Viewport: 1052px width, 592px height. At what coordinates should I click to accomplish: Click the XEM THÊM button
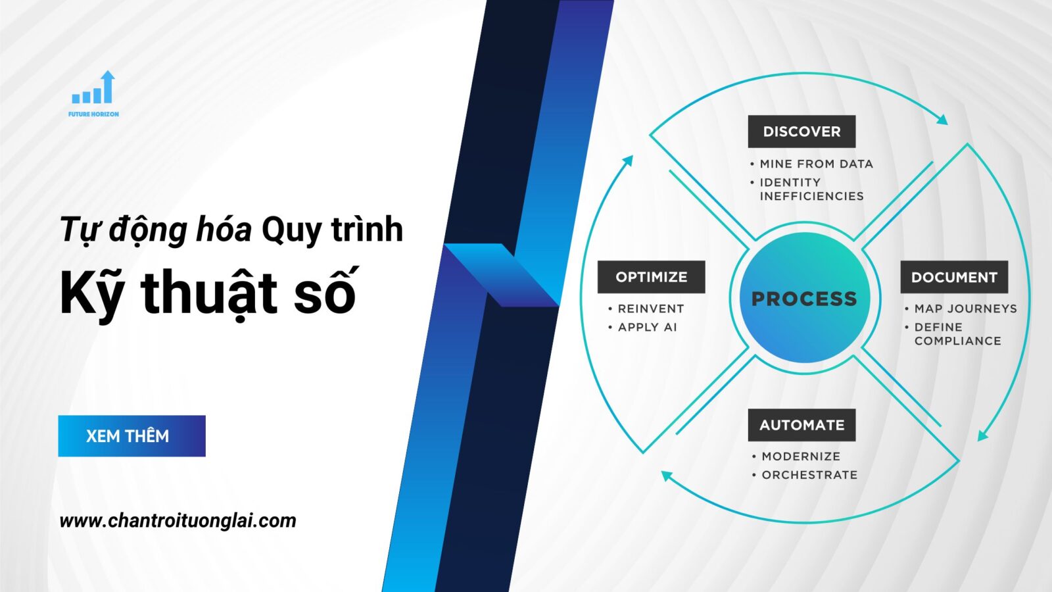131,435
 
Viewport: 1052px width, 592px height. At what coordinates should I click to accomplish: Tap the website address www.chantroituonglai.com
178,521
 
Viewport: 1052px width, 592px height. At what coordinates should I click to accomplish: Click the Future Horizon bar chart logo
94,89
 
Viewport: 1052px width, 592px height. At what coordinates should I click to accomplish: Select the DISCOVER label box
801,132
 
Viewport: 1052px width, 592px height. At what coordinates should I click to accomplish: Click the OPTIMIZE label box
651,277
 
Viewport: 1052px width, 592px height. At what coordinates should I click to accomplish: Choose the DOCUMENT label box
954,277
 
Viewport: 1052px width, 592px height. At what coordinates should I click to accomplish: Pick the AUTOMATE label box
801,425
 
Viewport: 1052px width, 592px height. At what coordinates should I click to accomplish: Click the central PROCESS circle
804,298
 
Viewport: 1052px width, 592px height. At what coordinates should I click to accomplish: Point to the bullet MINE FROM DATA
816,164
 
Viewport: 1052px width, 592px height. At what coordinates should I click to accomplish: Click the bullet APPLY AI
647,327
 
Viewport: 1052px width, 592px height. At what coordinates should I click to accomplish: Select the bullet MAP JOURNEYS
965,308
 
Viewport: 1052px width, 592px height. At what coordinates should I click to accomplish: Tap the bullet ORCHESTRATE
809,475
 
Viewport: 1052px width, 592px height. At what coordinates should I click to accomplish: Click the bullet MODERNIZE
801,456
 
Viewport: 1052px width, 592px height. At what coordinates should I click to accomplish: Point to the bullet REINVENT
651,308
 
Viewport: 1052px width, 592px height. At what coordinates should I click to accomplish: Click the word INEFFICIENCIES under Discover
811,196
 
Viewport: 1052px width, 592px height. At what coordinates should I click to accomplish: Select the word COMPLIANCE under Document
957,341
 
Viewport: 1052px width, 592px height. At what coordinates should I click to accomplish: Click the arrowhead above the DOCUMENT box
943,120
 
